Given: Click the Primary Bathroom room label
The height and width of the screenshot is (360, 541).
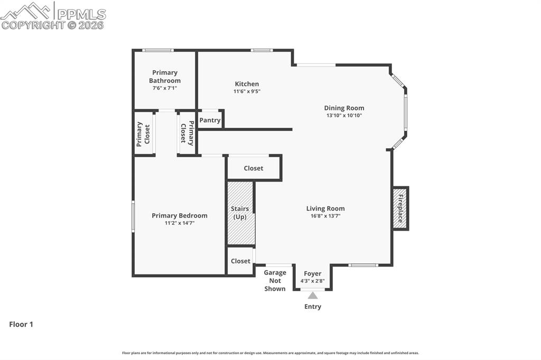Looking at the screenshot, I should (x=164, y=77).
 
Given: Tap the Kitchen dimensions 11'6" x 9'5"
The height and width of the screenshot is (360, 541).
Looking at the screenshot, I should (x=247, y=91).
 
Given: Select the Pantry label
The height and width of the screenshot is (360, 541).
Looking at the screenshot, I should (x=210, y=120).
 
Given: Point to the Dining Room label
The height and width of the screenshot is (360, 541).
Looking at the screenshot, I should (x=344, y=108).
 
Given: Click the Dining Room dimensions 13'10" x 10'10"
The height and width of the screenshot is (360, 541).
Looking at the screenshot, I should (x=344, y=115).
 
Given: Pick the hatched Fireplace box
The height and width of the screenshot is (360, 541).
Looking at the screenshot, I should (x=400, y=208).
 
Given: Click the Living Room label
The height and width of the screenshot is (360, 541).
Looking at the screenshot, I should (x=325, y=209).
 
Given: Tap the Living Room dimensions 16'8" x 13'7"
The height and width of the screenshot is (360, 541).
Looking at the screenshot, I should (x=325, y=216).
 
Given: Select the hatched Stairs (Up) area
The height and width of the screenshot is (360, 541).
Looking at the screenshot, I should (x=241, y=213).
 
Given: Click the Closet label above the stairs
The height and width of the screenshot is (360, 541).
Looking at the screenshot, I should (x=253, y=168).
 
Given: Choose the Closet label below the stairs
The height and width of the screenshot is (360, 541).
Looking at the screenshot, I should (x=240, y=261).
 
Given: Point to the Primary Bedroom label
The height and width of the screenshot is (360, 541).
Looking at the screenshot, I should (x=179, y=215).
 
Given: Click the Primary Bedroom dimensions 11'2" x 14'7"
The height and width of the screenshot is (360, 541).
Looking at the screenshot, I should (x=179, y=223).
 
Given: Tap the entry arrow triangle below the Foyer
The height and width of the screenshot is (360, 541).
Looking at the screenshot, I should (x=313, y=296).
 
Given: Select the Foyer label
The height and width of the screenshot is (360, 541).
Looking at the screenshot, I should (x=312, y=273).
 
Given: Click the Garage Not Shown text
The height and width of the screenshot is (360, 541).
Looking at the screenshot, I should (x=275, y=280).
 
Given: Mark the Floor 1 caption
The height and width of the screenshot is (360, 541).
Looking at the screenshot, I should (x=21, y=325).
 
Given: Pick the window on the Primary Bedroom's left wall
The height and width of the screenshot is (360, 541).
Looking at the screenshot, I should (x=133, y=216).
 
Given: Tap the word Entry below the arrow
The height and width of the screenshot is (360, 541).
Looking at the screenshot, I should (x=312, y=307).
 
